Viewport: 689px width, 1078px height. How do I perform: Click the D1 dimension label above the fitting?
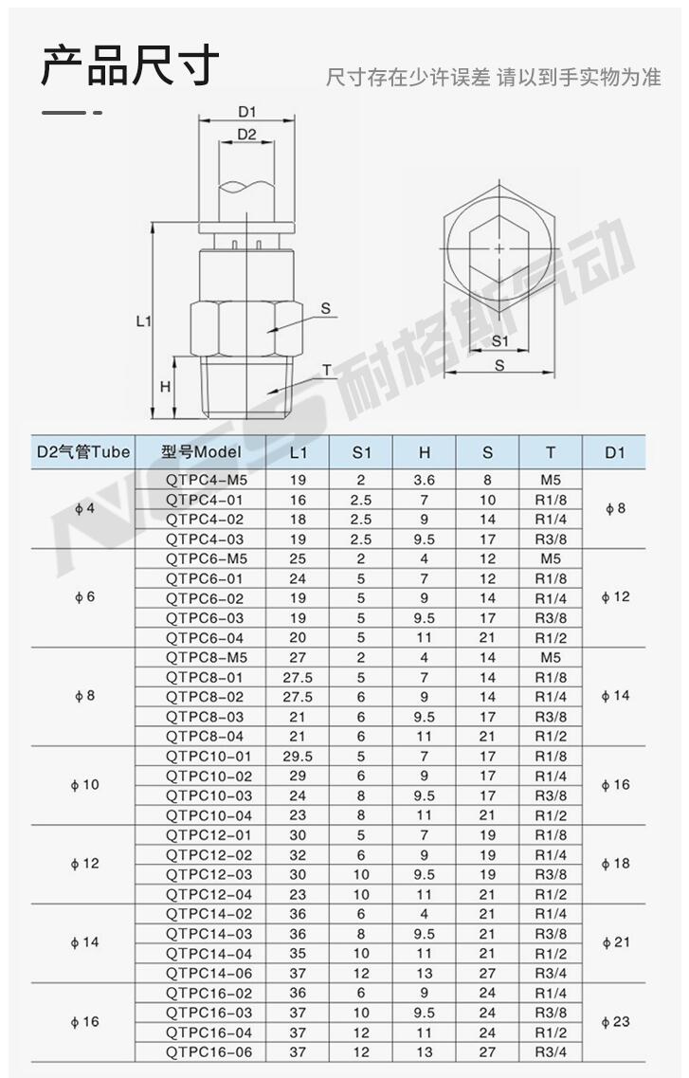click(x=246, y=111)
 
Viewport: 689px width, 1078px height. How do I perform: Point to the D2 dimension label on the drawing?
click(x=246, y=134)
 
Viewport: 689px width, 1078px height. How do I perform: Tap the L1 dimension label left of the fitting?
click(x=143, y=320)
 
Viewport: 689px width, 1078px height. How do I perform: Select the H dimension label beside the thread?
click(x=165, y=387)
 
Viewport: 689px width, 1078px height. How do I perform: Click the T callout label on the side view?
click(x=326, y=371)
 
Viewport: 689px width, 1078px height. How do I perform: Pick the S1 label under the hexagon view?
click(x=500, y=341)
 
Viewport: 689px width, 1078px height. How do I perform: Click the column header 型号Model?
click(x=201, y=451)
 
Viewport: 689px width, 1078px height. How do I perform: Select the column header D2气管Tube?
click(x=83, y=451)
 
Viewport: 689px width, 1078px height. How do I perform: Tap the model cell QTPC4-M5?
click(x=206, y=480)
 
